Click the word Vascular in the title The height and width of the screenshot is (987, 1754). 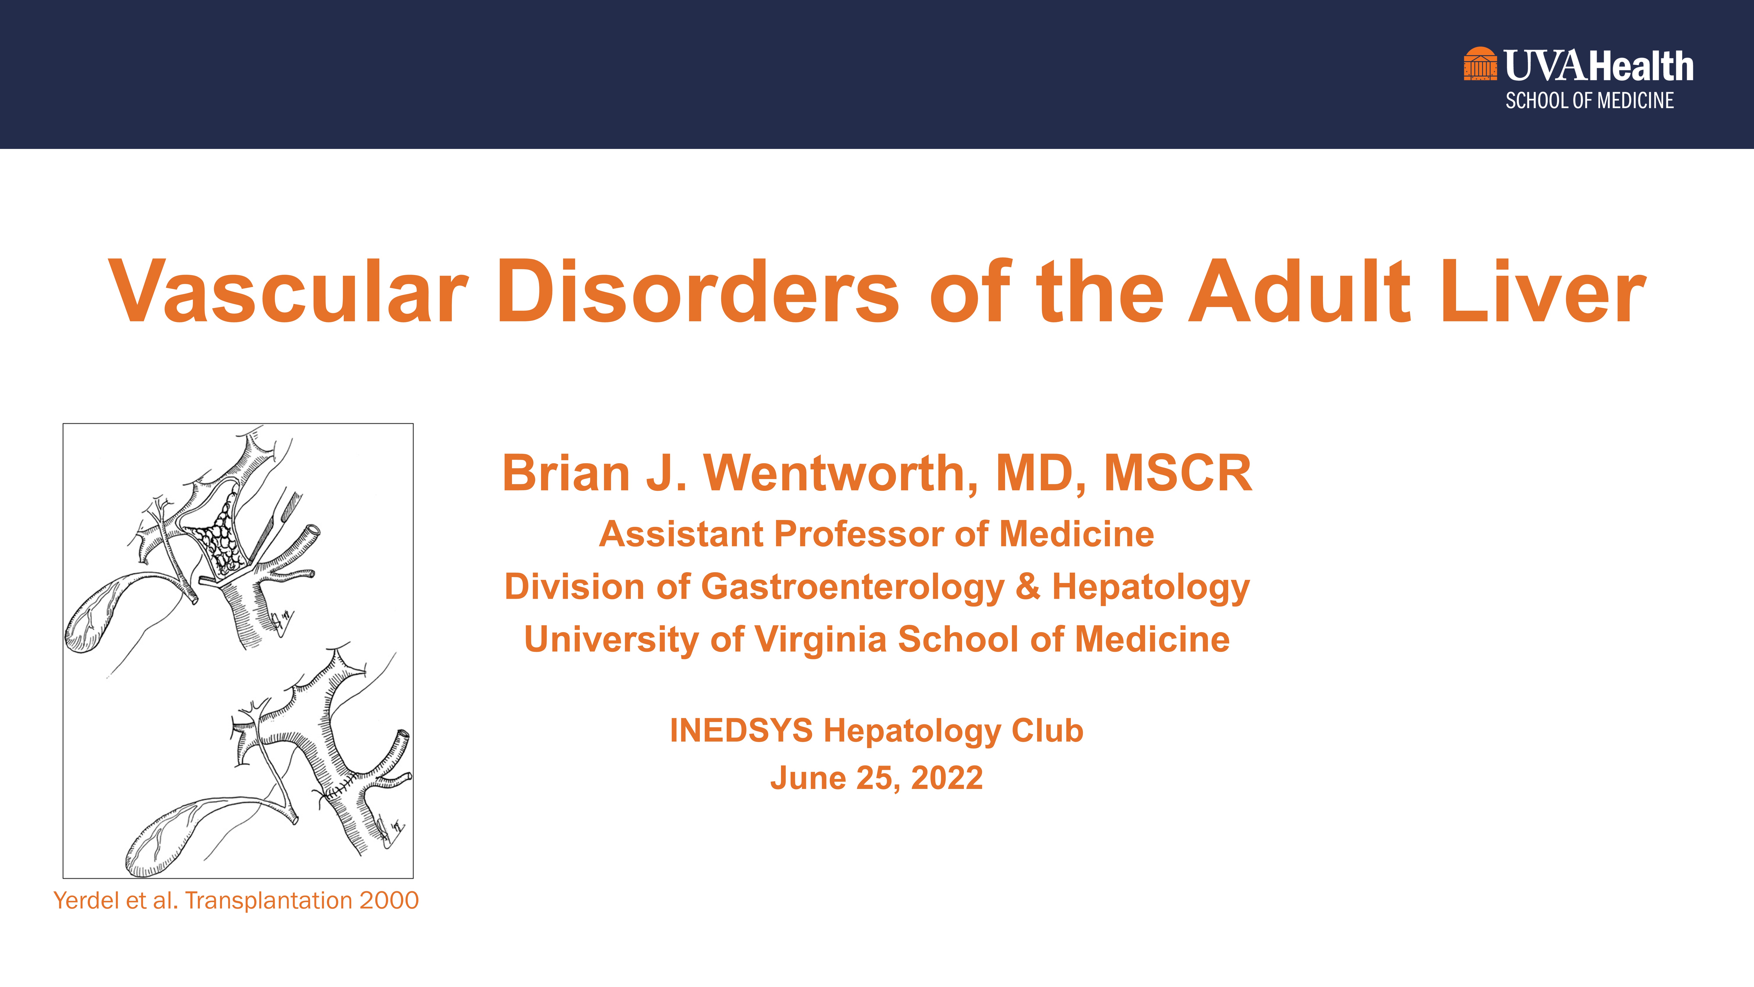(288, 291)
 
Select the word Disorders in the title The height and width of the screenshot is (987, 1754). (699, 291)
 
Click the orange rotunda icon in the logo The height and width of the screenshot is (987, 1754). (1480, 64)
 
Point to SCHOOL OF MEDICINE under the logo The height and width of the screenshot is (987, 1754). (1589, 101)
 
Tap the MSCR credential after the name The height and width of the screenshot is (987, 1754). (1178, 473)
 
